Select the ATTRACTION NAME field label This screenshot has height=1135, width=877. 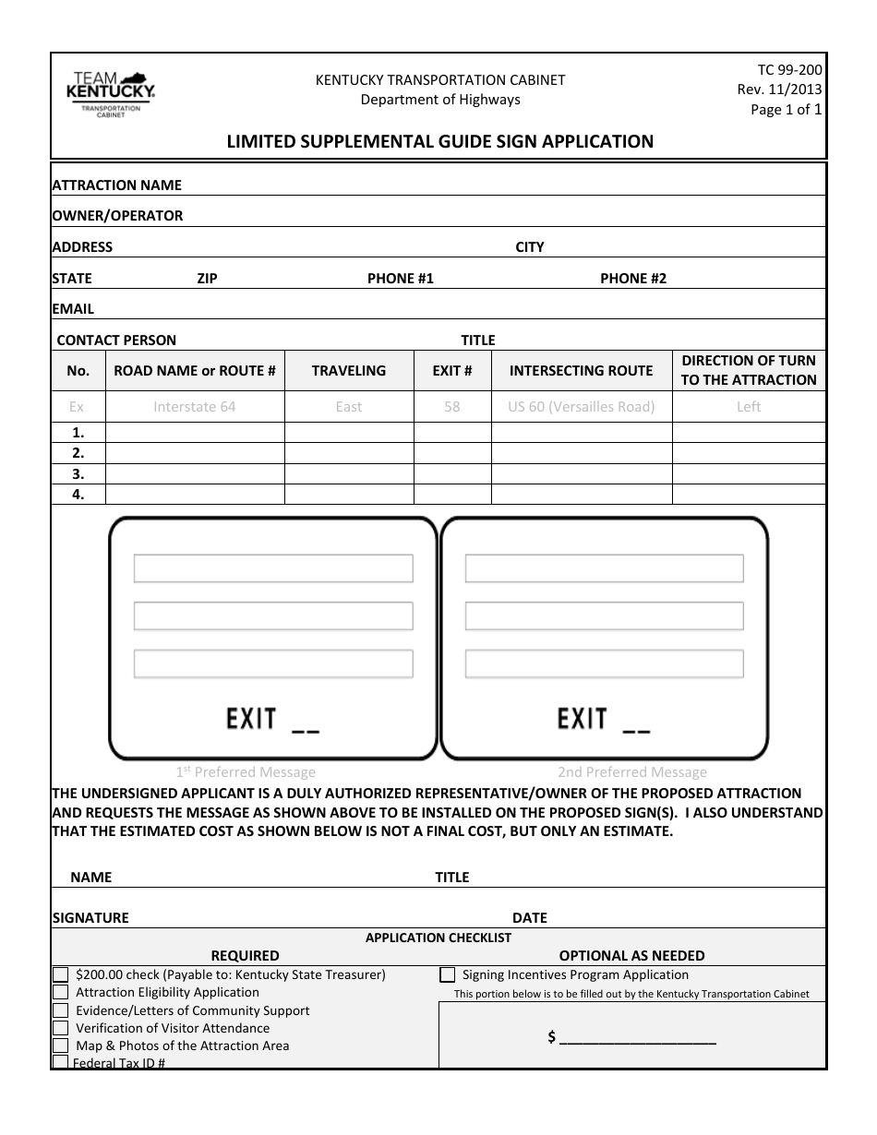[116, 185]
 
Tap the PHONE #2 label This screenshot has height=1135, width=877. [632, 278]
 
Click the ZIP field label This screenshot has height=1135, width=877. [207, 278]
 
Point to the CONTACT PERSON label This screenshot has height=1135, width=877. [116, 340]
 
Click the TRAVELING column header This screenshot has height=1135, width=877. [348, 370]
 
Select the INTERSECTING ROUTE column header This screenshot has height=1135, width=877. [581, 370]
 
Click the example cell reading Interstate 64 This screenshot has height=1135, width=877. [194, 406]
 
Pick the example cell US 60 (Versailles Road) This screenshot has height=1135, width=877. [581, 406]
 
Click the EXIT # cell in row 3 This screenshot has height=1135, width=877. [451, 473]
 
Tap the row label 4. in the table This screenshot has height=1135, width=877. [78, 494]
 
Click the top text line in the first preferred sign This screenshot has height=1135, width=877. [273, 568]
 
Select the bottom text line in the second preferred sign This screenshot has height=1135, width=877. [604, 663]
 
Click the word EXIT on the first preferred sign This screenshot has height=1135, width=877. [252, 719]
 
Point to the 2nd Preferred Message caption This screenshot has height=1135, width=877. [631, 772]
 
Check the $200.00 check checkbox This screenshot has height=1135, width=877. [61, 974]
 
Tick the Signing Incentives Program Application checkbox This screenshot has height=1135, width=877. [448, 974]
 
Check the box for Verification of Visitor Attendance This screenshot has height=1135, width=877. [61, 1028]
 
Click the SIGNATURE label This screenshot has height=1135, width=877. [90, 917]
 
